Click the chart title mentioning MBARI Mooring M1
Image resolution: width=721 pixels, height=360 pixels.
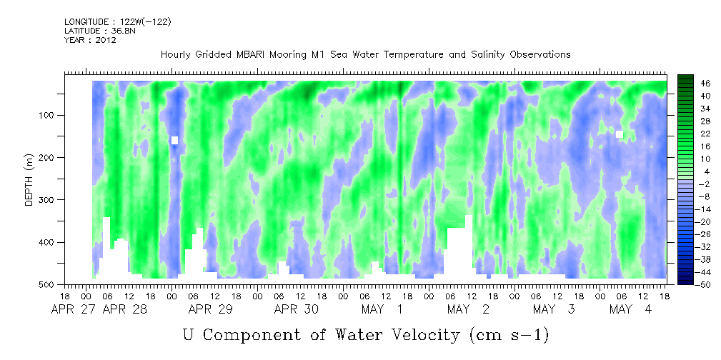pos(365,54)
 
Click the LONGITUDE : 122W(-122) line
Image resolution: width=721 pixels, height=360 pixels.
pos(117,22)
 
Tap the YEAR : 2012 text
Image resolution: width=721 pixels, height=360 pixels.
pos(90,40)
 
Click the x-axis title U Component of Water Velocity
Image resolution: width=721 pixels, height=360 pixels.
pos(365,334)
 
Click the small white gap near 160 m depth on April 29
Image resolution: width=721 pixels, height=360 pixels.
pos(174,140)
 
